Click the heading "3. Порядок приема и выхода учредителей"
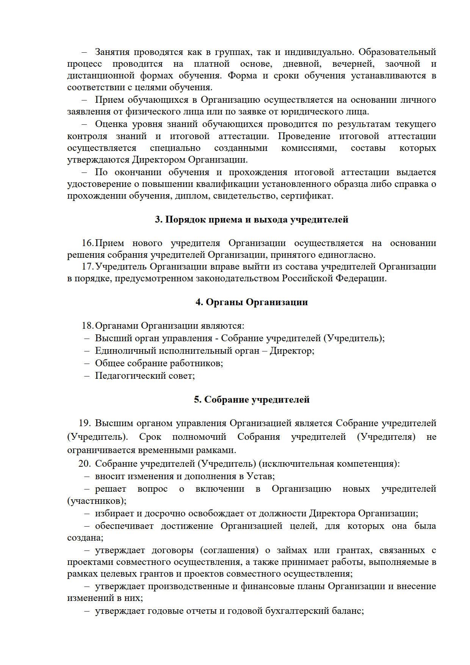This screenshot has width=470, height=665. (251, 220)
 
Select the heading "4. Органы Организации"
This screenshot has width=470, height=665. (251, 302)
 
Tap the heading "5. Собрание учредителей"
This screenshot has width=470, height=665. (252, 400)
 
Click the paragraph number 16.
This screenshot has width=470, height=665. (87, 243)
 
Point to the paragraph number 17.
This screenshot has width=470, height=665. (87, 267)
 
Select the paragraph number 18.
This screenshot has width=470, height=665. (87, 326)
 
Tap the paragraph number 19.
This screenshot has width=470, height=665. (85, 423)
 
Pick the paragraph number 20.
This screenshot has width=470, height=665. (85, 464)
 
